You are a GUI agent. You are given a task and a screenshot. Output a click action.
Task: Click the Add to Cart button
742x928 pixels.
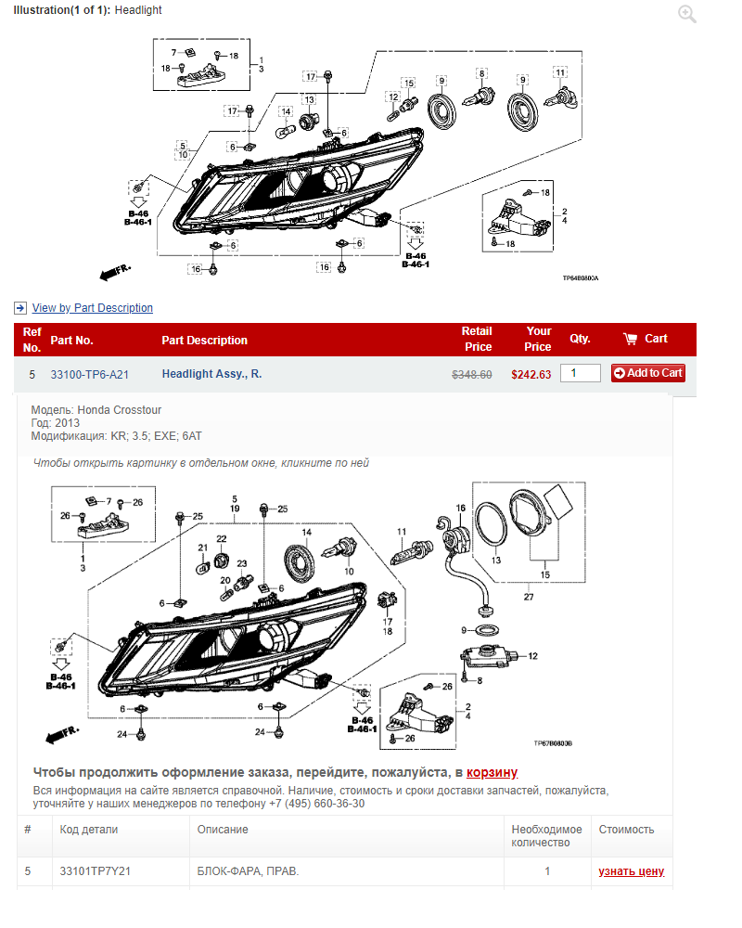pyautogui.click(x=648, y=373)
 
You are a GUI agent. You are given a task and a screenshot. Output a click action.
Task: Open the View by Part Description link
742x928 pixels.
pyautogui.click(x=93, y=308)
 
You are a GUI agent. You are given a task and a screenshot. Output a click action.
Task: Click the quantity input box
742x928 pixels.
pyautogui.click(x=580, y=373)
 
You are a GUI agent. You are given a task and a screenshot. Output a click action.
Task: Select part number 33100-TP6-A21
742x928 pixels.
pyautogui.click(x=89, y=375)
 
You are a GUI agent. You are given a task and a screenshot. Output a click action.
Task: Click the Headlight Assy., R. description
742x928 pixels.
pyautogui.click(x=211, y=374)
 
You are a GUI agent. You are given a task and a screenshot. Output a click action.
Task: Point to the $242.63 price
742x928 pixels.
pyautogui.click(x=531, y=375)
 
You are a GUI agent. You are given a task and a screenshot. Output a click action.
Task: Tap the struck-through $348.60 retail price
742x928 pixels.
pyautogui.click(x=471, y=375)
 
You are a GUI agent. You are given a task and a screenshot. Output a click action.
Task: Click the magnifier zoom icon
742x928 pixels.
pyautogui.click(x=687, y=14)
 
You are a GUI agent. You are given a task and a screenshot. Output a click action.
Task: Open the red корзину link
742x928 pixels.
pyautogui.click(x=492, y=772)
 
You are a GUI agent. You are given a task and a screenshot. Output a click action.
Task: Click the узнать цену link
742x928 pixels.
pyautogui.click(x=632, y=871)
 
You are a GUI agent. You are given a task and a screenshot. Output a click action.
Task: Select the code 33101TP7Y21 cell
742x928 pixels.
pyautogui.click(x=95, y=871)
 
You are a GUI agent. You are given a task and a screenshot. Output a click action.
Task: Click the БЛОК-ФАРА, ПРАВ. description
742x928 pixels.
pyautogui.click(x=248, y=871)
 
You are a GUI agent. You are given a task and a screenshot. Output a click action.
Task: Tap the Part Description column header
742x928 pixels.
pyautogui.click(x=205, y=341)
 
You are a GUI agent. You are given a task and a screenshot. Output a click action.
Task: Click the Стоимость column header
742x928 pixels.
pyautogui.click(x=626, y=830)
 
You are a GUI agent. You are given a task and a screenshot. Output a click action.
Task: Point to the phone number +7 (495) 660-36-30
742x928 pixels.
pyautogui.click(x=323, y=804)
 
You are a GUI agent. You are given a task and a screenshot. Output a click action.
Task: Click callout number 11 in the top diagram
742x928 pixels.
pyautogui.click(x=560, y=72)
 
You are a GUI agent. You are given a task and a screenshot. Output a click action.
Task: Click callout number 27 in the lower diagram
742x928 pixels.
pyautogui.click(x=529, y=597)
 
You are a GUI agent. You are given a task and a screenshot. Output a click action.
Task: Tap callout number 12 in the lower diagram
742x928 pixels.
pyautogui.click(x=532, y=656)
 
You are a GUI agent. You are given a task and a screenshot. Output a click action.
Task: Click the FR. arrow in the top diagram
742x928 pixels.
pyautogui.click(x=115, y=272)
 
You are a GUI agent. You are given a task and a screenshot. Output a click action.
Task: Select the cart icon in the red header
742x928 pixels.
pyautogui.click(x=630, y=339)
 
